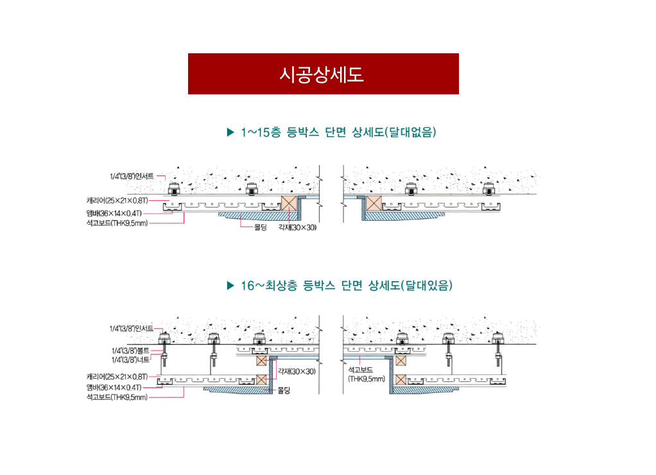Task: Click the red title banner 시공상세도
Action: click(x=323, y=74)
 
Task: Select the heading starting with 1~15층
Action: click(x=338, y=132)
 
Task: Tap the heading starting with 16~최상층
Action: click(x=347, y=286)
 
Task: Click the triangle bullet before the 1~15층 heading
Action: click(x=230, y=132)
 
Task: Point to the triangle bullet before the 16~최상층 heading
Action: click(x=230, y=286)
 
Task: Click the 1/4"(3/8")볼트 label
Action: click(x=130, y=350)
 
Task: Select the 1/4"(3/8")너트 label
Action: click(x=130, y=360)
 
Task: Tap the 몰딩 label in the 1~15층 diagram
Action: click(x=260, y=228)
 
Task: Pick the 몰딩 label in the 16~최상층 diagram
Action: click(x=284, y=390)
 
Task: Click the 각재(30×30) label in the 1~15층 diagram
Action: click(x=297, y=228)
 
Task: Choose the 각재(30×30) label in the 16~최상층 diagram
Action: click(x=297, y=371)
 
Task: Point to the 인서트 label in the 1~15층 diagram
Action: click(x=132, y=177)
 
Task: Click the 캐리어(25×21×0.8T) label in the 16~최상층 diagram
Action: click(x=117, y=377)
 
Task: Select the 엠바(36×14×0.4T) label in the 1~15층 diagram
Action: click(x=114, y=214)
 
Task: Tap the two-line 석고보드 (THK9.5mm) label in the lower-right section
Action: click(x=366, y=375)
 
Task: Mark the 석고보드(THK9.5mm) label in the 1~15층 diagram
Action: click(x=117, y=223)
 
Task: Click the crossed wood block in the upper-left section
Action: click(x=289, y=203)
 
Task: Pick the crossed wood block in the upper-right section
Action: click(x=374, y=203)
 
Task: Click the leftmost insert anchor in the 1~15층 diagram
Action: click(x=173, y=189)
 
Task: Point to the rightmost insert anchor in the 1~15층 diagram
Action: click(x=488, y=189)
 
